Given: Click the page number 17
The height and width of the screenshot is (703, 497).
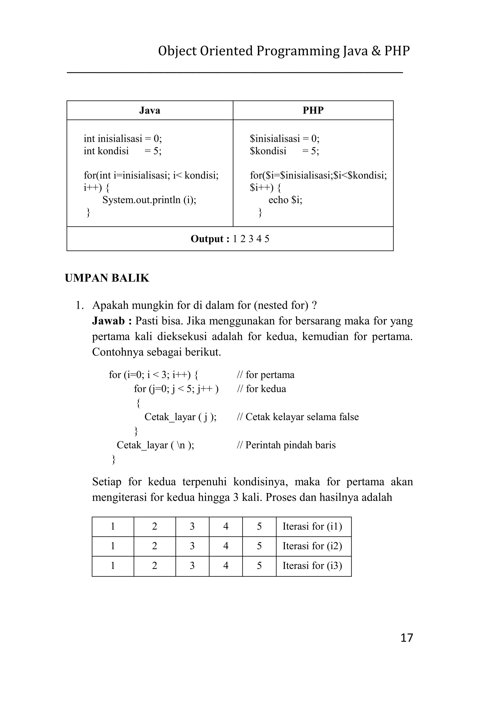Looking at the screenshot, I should click(406, 638).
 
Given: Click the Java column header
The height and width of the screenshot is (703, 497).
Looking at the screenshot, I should click(150, 110).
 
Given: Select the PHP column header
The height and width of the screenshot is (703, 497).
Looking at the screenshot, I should click(313, 110).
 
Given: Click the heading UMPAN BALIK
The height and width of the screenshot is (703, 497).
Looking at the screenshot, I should click(107, 278).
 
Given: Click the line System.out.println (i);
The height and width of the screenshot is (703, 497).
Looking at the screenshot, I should click(149, 200).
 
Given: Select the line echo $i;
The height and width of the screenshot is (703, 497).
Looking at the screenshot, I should click(285, 200).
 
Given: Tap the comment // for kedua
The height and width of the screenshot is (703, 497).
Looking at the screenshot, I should click(262, 389).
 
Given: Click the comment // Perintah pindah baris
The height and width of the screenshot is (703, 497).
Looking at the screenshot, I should click(286, 445).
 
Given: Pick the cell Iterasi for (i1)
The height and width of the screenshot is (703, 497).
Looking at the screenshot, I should click(312, 527).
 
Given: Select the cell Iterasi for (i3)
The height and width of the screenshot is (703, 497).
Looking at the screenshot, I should click(312, 566).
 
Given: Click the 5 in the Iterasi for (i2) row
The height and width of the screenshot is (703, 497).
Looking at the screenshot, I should click(259, 546).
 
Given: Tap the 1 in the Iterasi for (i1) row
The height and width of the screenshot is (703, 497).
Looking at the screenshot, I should click(113, 527).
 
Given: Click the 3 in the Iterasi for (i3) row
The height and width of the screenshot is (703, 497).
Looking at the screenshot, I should click(192, 566).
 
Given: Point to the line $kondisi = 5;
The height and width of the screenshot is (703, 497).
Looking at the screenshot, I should click(284, 151).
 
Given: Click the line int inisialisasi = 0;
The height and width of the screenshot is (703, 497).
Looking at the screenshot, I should click(123, 139).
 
